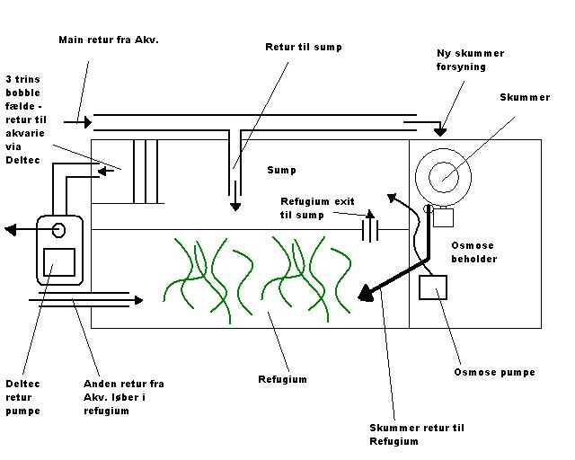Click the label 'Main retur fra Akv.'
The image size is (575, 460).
pos(109,40)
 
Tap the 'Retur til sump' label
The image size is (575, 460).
pos(304,48)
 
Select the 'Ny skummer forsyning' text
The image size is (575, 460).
pos(470,60)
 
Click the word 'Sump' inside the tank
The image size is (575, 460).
pos(281,170)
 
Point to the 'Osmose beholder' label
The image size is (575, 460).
pos(473,252)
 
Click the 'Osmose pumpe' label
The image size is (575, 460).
pos(494,372)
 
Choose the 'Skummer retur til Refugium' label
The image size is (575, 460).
pos(417,434)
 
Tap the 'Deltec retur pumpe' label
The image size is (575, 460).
pos(22,397)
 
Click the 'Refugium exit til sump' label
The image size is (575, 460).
pos(317,208)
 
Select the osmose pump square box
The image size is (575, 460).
pos(433,287)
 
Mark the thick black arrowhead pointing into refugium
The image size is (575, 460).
pos(367,293)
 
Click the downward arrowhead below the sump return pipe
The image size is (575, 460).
pos(235,207)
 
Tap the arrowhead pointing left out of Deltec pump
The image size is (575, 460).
pos(10,230)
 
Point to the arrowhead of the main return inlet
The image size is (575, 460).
pos(88,122)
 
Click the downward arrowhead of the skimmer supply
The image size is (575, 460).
pos(440,132)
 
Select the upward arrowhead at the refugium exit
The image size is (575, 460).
pos(370,214)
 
